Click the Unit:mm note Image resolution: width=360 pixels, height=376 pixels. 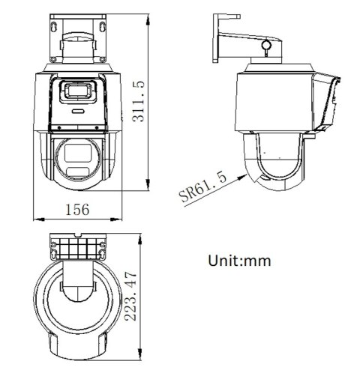(238, 261)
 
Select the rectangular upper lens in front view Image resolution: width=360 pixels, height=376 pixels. (77, 92)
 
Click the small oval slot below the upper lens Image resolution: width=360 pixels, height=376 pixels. (77, 109)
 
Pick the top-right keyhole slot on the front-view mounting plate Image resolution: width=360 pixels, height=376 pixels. (101, 25)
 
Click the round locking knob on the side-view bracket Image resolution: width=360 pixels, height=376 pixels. (265, 46)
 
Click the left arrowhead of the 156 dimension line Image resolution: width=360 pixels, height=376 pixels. (38, 219)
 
